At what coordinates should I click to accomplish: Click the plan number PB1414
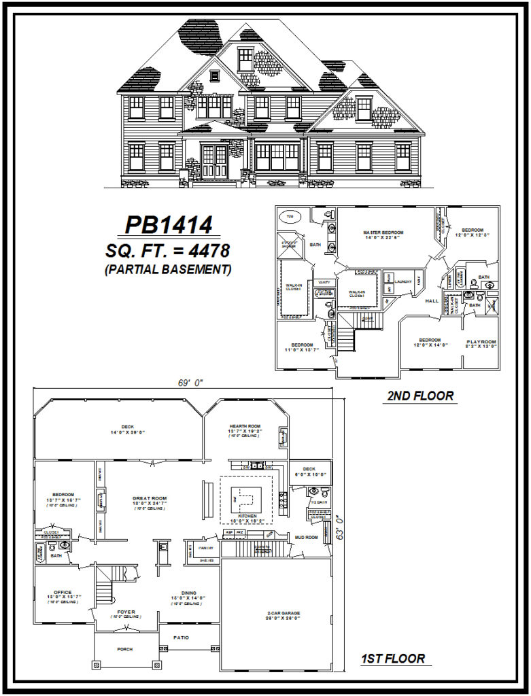click(x=168, y=225)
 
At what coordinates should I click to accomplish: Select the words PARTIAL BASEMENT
click(x=168, y=269)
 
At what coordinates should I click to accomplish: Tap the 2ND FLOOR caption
click(x=420, y=395)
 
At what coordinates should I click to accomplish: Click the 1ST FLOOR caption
click(x=394, y=658)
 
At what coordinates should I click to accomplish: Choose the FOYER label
click(x=126, y=612)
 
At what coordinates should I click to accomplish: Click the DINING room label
click(x=185, y=592)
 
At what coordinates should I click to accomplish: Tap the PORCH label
click(x=125, y=649)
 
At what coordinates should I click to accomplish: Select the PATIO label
click(x=181, y=637)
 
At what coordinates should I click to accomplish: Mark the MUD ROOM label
click(x=307, y=537)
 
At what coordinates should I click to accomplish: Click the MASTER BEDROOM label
click(x=380, y=232)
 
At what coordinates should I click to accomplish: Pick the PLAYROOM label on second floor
click(x=481, y=341)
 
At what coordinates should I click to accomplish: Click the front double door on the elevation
click(x=215, y=162)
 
